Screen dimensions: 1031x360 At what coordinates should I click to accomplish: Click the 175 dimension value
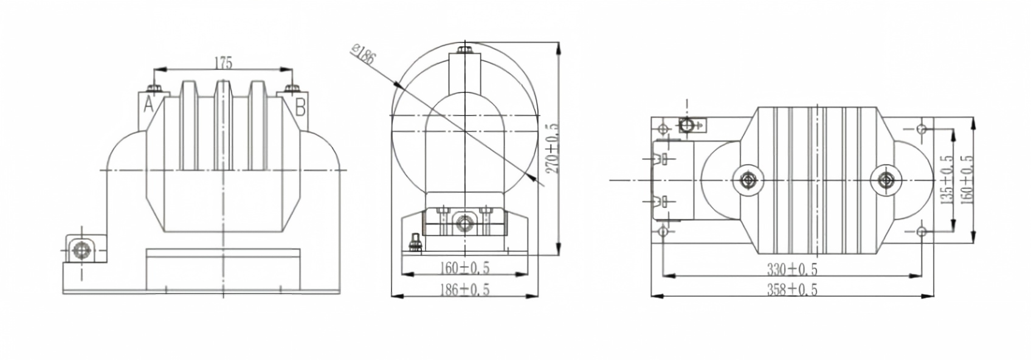coord(223,63)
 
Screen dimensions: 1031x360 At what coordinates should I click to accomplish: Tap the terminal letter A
coord(148,105)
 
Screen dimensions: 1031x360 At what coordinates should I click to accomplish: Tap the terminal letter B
coord(300,107)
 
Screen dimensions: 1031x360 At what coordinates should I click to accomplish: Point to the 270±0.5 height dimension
coord(552,148)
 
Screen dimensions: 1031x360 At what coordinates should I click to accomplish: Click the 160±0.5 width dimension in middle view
coord(465,267)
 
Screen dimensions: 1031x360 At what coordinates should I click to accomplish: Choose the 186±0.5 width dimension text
coord(465,289)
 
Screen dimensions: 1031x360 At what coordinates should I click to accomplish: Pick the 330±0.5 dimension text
coord(792,269)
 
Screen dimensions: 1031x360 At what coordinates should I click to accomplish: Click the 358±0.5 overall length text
coord(792,289)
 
